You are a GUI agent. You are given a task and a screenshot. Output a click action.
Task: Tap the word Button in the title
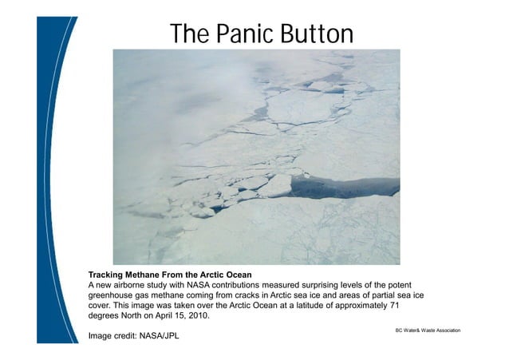pos(313,34)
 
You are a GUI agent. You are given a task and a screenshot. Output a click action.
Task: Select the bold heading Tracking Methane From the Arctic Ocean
pos(172,275)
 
